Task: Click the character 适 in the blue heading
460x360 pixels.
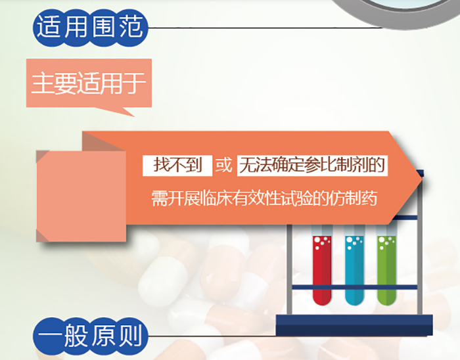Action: click(x=47, y=27)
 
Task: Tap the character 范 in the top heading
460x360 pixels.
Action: click(x=131, y=27)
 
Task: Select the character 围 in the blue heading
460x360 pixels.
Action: click(x=103, y=27)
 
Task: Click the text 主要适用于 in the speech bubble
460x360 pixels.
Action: click(x=89, y=83)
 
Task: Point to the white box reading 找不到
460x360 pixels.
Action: click(x=177, y=166)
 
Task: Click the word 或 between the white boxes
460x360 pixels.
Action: click(x=224, y=165)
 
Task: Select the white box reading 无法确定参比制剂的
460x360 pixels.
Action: click(x=312, y=166)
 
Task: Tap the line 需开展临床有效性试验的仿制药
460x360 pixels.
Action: click(x=264, y=198)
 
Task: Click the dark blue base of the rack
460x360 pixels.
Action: click(x=354, y=325)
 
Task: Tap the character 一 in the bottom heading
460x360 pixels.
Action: click(x=49, y=335)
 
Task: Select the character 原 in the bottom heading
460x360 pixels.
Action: click(x=103, y=335)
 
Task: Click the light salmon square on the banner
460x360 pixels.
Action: click(x=81, y=196)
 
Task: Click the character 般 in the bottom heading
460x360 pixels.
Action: click(x=76, y=335)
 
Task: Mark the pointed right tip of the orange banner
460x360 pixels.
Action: click(x=423, y=177)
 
